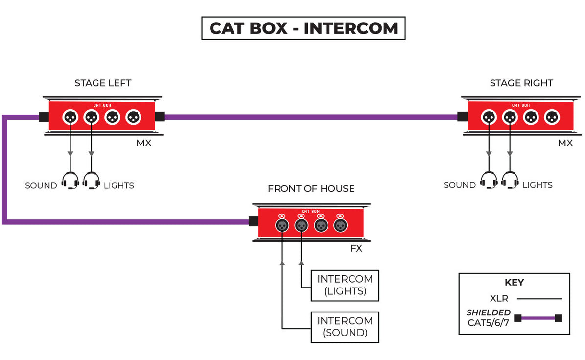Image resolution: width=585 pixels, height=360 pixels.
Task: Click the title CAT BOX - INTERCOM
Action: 303,28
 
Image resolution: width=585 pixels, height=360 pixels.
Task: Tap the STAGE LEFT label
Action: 103,83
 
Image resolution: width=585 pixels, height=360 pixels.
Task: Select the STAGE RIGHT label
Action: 521,83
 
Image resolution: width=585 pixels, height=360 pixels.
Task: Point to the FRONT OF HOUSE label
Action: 311,189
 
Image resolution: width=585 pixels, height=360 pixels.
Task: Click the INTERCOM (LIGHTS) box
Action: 345,285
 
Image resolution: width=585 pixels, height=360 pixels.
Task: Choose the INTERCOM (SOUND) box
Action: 345,327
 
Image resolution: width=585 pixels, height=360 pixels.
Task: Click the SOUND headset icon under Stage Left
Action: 70,181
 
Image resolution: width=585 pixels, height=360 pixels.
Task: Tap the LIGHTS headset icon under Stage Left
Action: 92,181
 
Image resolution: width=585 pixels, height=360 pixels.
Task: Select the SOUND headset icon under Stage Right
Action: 489,180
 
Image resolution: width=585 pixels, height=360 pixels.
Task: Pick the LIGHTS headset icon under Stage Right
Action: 510,180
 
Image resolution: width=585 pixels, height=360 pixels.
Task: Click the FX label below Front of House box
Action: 356,249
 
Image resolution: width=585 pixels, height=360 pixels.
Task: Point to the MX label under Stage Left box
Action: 144,144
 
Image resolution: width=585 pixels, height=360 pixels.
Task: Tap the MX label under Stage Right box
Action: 565,144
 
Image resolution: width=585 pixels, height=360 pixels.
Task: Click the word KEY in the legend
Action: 514,283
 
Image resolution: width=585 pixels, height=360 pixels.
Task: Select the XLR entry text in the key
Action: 499,298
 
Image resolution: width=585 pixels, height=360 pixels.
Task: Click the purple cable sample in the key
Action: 538,318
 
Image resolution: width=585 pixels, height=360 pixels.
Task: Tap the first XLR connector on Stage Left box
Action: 70,117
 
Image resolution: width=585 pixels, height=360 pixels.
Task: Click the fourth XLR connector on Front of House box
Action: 340,225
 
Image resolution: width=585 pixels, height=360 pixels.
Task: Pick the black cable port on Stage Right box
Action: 462,117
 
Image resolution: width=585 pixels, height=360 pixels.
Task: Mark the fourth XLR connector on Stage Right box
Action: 552,117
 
